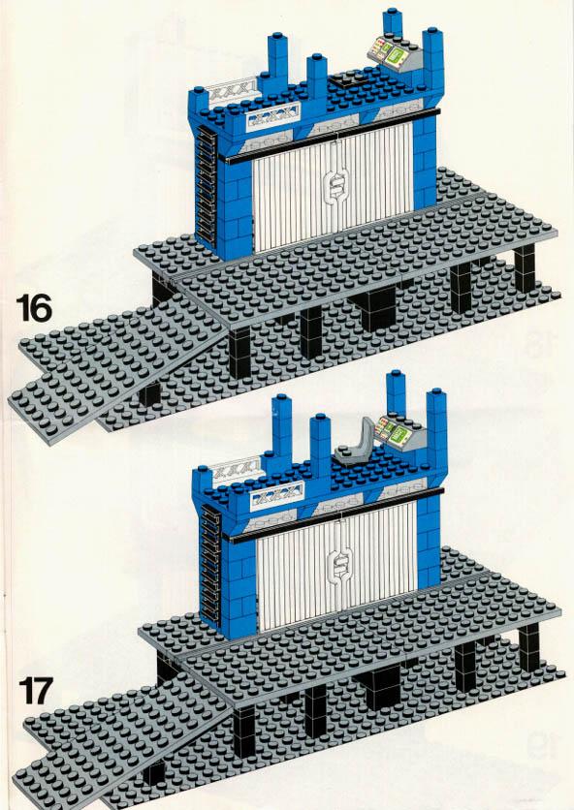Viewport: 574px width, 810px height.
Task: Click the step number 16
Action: click(x=34, y=308)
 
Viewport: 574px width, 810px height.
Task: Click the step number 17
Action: click(x=36, y=691)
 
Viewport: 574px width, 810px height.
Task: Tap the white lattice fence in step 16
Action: click(x=233, y=91)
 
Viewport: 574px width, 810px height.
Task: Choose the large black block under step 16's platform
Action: click(x=376, y=309)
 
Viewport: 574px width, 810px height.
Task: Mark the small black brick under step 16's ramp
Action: click(x=150, y=393)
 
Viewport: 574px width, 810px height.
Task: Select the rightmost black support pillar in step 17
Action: click(x=529, y=647)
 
